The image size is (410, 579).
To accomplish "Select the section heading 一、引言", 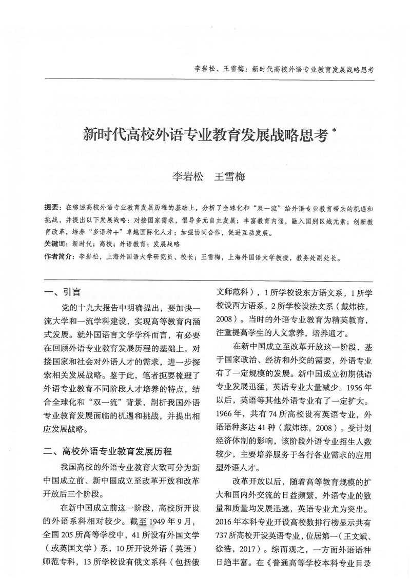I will [62, 293].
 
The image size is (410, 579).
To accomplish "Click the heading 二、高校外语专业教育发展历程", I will [108, 452].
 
